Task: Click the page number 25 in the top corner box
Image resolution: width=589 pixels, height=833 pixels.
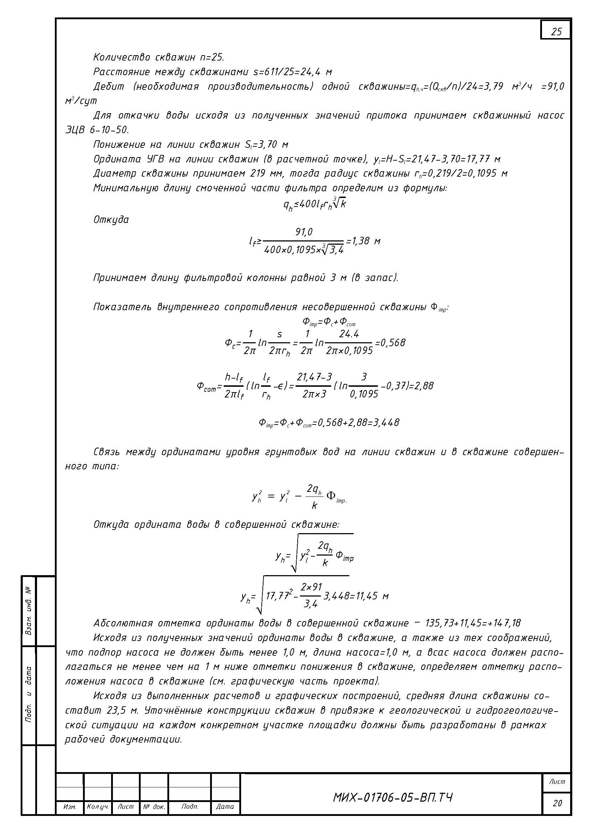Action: tap(556, 32)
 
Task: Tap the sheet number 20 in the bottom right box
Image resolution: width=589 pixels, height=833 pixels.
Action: tap(557, 803)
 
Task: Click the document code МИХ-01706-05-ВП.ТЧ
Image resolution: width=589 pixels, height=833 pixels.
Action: tap(393, 797)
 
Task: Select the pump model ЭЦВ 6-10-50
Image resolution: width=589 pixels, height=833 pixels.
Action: tap(97, 130)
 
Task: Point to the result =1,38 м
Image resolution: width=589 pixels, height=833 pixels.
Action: tap(363, 241)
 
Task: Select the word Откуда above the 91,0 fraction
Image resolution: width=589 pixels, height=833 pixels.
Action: tap(111, 219)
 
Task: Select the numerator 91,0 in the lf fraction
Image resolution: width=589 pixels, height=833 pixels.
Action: tap(304, 232)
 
